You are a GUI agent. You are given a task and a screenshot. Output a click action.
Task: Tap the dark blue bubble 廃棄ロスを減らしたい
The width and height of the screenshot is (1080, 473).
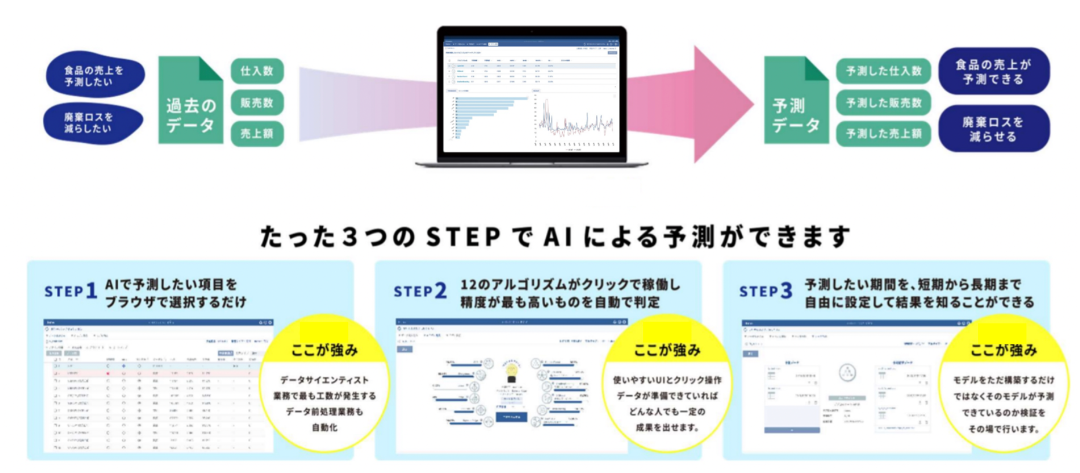pyautogui.click(x=93, y=123)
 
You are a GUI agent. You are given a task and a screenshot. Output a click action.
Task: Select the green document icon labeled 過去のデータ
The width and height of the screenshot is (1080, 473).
pyautogui.click(x=191, y=101)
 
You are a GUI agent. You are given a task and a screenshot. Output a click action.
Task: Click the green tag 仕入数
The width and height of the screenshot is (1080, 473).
pyautogui.click(x=257, y=71)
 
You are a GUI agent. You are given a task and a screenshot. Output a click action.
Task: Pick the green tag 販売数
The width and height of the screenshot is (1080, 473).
pyautogui.click(x=257, y=103)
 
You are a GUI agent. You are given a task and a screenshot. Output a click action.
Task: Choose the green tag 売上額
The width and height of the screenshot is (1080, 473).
pyautogui.click(x=257, y=133)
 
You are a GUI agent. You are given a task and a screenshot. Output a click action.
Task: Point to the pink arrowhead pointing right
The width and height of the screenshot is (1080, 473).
pyautogui.click(x=721, y=104)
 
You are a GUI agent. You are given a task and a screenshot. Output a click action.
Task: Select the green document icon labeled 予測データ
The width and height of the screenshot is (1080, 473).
pyautogui.click(x=796, y=101)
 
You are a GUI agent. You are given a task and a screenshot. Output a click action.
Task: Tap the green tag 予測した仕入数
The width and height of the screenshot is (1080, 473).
pyautogui.click(x=883, y=71)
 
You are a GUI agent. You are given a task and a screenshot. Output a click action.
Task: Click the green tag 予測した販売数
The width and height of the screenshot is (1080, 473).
pyautogui.click(x=883, y=103)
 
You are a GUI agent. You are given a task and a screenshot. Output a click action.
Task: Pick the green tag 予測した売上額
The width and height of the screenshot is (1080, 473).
pyautogui.click(x=883, y=133)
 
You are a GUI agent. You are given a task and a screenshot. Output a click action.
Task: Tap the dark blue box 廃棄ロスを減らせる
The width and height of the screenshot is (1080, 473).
pyautogui.click(x=993, y=129)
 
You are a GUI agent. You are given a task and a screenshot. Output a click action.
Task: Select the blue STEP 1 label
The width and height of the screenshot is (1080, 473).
pyautogui.click(x=71, y=291)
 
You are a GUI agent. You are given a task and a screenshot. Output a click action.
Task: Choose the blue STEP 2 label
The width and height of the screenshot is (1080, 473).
pyautogui.click(x=420, y=291)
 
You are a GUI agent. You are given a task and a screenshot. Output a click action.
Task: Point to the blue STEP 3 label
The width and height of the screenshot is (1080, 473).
pyautogui.click(x=765, y=291)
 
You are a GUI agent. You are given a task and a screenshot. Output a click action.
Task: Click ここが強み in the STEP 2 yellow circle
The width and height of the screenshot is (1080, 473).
pyautogui.click(x=667, y=350)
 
